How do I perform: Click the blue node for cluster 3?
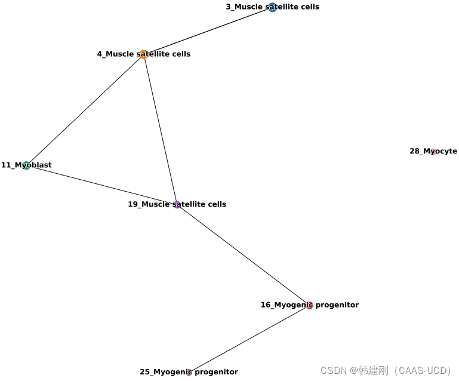click(x=272, y=7)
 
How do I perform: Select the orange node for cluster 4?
click(x=144, y=54)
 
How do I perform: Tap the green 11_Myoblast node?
click(x=26, y=165)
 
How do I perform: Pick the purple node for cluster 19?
click(x=177, y=204)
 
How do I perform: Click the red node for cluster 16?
click(x=309, y=305)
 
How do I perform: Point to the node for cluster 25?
click(x=189, y=372)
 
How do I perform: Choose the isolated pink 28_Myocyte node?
click(x=433, y=152)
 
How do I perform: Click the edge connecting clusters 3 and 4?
click(x=208, y=30)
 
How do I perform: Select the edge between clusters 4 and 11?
click(x=85, y=110)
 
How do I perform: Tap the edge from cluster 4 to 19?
click(x=160, y=129)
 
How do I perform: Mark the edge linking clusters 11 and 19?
click(x=101, y=185)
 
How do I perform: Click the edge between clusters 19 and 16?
click(x=243, y=254)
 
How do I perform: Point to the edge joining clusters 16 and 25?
click(x=249, y=339)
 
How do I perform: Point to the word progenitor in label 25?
click(x=216, y=372)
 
